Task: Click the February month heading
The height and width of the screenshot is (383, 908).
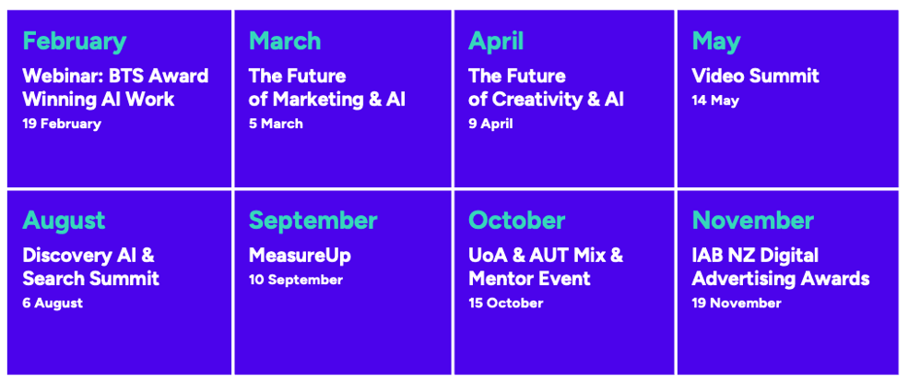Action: (74, 42)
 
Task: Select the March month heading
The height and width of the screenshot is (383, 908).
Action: (284, 42)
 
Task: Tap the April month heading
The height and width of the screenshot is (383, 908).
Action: (496, 42)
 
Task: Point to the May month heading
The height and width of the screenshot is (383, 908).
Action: (715, 42)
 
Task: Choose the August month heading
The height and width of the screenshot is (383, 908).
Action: (64, 221)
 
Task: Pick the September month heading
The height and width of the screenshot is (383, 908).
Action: (312, 221)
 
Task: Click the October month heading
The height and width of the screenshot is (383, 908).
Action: (516, 221)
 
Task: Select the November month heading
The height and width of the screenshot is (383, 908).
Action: (753, 221)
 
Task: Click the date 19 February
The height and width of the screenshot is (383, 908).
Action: (62, 124)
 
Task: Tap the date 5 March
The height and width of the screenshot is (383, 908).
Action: (276, 124)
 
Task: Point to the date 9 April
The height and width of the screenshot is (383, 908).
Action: (490, 124)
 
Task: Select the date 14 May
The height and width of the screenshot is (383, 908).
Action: (715, 101)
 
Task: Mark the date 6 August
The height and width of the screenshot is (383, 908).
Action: (53, 304)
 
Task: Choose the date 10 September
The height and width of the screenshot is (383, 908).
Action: (295, 281)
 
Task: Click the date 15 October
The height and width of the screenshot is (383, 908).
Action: (505, 303)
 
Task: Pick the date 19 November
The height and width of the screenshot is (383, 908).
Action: (736, 303)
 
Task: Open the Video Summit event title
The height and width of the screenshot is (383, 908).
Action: (755, 76)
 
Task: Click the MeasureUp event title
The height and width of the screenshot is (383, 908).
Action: (300, 256)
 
